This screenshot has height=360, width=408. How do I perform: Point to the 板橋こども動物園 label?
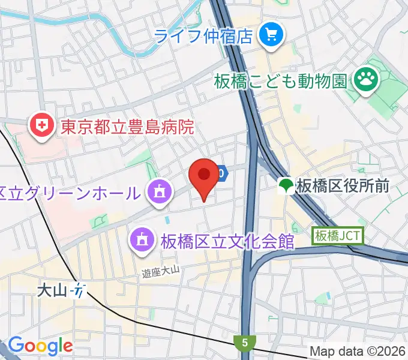281,79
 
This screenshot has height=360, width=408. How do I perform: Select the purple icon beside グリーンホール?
159,193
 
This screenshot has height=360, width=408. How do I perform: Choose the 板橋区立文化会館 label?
227,241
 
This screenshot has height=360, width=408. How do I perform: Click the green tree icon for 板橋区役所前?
287,185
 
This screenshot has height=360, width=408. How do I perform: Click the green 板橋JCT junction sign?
337,236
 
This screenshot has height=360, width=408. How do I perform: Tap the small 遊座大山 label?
161,272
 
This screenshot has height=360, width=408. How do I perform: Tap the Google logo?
40,346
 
